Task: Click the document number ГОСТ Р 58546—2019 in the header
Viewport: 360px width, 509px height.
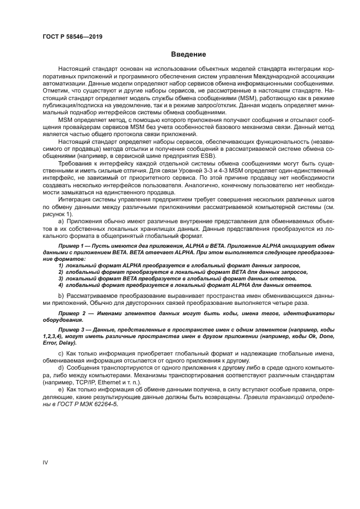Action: (x=72, y=36)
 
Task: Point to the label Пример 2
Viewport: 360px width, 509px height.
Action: (x=77, y=314)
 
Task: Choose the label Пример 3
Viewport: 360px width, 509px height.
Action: (x=77, y=330)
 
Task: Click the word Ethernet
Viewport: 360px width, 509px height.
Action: (x=114, y=383)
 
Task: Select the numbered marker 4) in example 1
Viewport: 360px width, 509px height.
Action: (x=60, y=285)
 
